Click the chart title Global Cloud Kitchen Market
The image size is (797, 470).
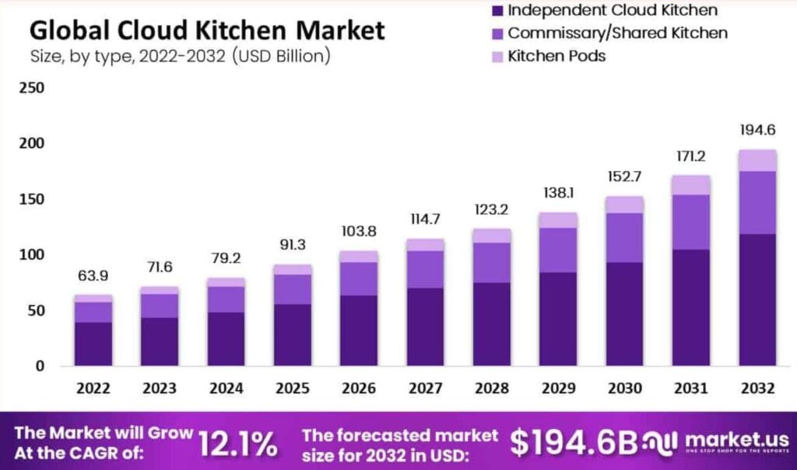click(207, 30)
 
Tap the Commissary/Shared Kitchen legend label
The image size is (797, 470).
click(617, 33)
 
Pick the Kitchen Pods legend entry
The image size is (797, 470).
click(556, 56)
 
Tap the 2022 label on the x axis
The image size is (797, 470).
click(93, 388)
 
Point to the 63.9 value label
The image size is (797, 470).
click(93, 277)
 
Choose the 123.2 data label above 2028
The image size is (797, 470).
click(492, 210)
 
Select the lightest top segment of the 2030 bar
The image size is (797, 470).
click(625, 205)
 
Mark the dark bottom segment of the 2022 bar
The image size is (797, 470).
click(93, 344)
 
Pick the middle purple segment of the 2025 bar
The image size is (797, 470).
click(293, 289)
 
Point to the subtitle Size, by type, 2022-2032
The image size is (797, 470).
click(180, 56)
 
